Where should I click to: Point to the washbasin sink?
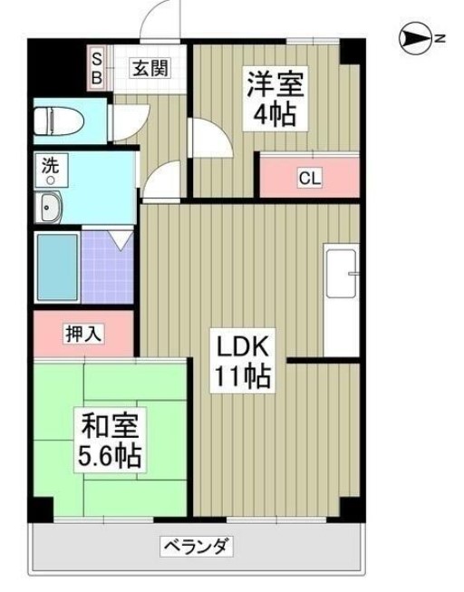pyautogui.click(x=49, y=209)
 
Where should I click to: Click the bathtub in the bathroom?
pyautogui.click(x=57, y=269)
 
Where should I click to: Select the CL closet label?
pyautogui.click(x=309, y=178)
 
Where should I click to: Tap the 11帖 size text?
pyautogui.click(x=242, y=376)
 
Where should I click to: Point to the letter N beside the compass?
pyautogui.click(x=439, y=38)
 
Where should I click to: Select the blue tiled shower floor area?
pyautogui.click(x=107, y=269)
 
